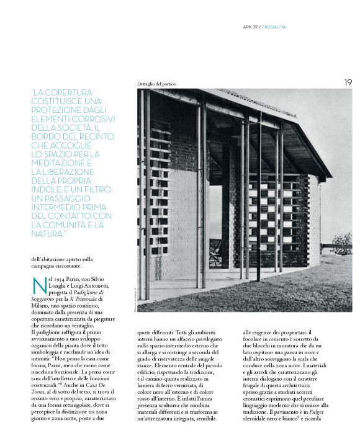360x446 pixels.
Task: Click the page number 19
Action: point(347,82)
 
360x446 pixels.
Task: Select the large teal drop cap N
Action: point(38,286)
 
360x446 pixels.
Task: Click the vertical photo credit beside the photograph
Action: point(132,294)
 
